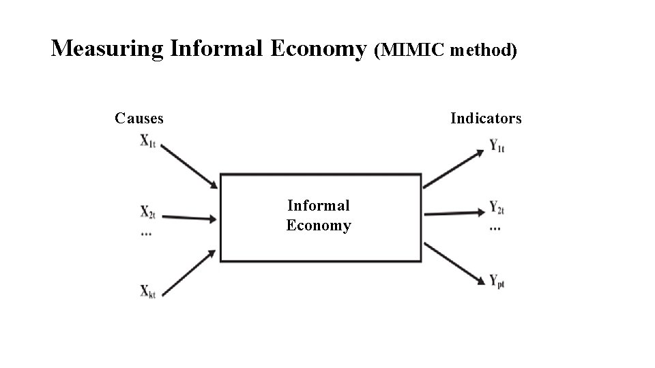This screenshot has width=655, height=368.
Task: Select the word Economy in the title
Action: pos(318,49)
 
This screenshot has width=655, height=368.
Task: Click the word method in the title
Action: pos(482,50)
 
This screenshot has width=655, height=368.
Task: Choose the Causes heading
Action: pos(139,119)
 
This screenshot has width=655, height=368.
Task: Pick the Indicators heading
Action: pos(486,119)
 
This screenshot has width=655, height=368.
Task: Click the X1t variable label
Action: pos(148,141)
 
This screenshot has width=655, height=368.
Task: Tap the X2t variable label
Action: pos(148,212)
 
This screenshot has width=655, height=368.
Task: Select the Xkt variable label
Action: pos(148,292)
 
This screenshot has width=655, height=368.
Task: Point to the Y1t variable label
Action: pos(497,146)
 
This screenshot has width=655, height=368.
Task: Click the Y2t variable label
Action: pos(497,208)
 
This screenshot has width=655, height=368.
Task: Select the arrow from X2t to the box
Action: pos(190,218)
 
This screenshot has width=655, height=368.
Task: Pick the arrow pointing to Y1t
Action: pos(453,168)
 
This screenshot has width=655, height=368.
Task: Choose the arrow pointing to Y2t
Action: pos(453,212)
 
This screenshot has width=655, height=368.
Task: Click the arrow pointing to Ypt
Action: pos(453,262)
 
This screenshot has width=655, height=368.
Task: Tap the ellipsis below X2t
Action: pos(146,233)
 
